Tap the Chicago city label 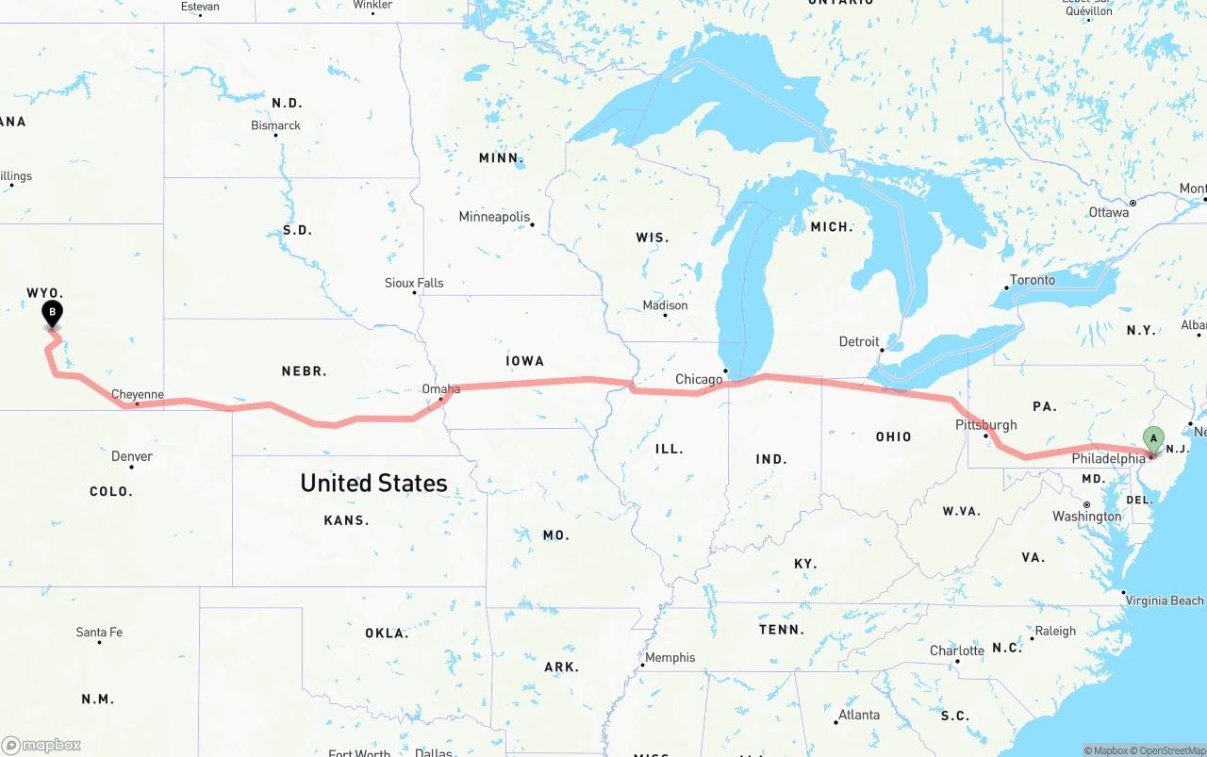tap(699, 379)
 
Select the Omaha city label tap(441, 388)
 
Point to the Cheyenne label tap(138, 395)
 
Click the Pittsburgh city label tap(986, 425)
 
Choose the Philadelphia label tap(1108, 459)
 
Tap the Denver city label tap(132, 456)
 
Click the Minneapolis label tap(494, 217)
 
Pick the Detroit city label tap(859, 341)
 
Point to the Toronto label tap(1033, 280)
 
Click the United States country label tap(373, 483)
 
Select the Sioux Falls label tap(414, 283)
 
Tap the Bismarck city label tap(275, 125)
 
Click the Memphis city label tap(670, 657)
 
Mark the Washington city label tap(1087, 517)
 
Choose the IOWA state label tap(525, 360)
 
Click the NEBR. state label tap(304, 371)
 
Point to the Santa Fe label tap(99, 632)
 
